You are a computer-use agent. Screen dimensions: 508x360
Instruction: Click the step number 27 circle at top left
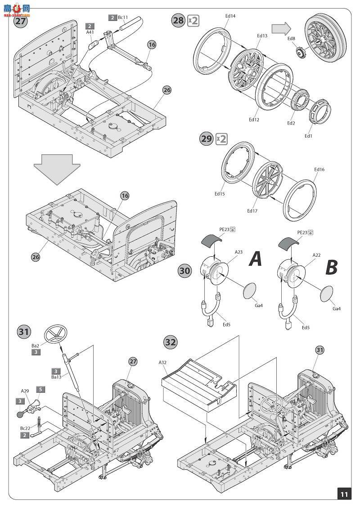(21, 21)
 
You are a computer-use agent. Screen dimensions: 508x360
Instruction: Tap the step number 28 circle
(178, 21)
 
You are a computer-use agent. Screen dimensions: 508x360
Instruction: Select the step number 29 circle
(206, 138)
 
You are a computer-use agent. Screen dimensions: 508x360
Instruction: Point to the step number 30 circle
(185, 271)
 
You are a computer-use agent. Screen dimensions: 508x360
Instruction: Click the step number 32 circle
(170, 342)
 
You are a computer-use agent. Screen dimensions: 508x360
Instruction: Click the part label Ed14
(230, 16)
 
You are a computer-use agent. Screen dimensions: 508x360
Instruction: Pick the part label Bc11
(123, 17)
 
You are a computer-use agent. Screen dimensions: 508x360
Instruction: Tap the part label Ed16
(319, 169)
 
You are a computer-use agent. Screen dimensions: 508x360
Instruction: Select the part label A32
(162, 362)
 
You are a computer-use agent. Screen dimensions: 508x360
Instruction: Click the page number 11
(344, 494)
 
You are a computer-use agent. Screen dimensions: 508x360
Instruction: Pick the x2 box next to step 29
(221, 139)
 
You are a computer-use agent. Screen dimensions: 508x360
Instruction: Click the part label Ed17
(252, 210)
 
